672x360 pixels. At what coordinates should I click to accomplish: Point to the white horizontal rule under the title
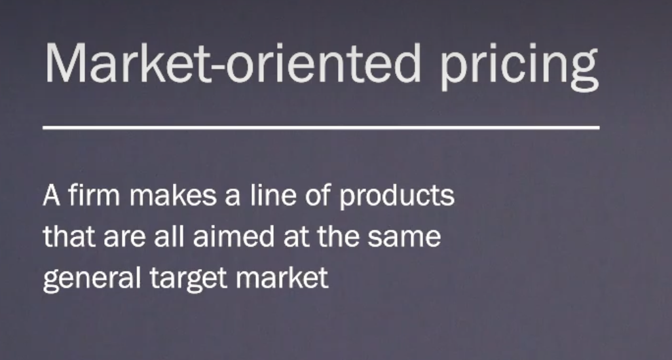pos(321,128)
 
